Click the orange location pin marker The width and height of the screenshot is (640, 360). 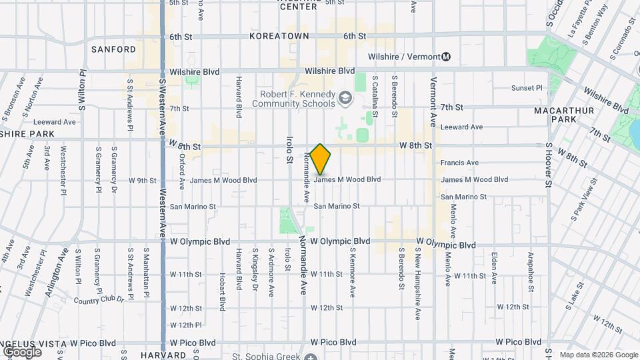321,159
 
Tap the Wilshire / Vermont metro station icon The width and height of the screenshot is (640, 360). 446,57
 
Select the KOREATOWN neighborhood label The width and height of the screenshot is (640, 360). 279,36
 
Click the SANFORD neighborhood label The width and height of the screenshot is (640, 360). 113,49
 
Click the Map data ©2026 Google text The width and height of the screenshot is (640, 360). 598,355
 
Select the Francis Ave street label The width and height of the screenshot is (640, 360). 459,163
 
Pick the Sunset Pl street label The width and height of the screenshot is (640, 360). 527,88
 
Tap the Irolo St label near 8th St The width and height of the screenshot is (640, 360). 289,150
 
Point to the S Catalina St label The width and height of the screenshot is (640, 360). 375,96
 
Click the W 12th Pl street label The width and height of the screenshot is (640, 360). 185,325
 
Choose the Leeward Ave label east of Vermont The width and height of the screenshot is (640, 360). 461,127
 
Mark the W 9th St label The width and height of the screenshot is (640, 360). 142,180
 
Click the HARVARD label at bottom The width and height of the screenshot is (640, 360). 163,355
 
